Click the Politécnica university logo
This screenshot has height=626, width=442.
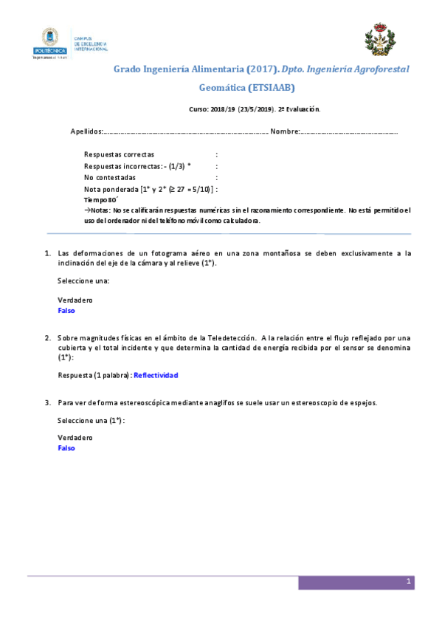coord(49,43)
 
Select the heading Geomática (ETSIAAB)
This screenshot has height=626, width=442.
coord(247,87)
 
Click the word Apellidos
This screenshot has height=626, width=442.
coord(86,131)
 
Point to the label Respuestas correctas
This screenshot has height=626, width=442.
coord(119,155)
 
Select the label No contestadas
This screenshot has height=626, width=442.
coord(110,178)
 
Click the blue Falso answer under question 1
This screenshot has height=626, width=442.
coord(66,311)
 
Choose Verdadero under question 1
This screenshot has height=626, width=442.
coord(75,300)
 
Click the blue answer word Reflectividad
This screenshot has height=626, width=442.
coord(156,375)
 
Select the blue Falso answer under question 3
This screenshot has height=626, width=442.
coord(66,447)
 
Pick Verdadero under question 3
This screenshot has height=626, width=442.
coord(75,437)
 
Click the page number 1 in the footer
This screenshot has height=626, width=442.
coord(407,582)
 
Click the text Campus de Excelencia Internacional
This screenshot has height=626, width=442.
coord(89,44)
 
